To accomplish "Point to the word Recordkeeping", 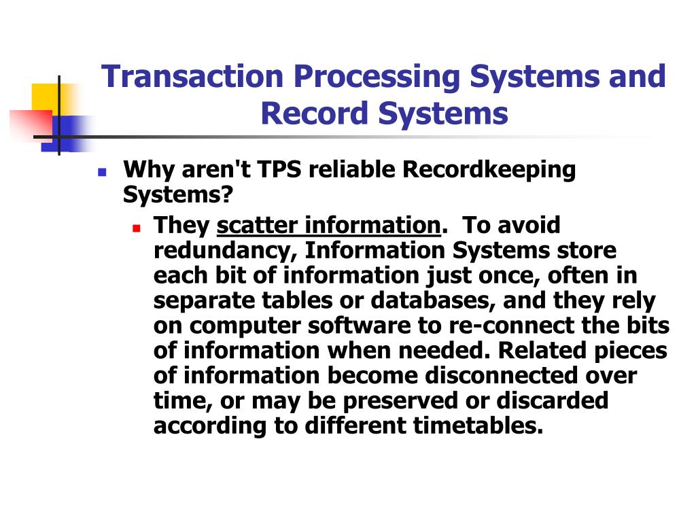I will click(489, 171).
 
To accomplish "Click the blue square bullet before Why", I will click(103, 172).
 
